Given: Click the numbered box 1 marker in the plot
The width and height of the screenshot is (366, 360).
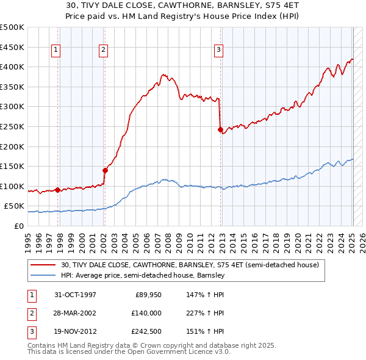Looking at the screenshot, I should (x=56, y=51).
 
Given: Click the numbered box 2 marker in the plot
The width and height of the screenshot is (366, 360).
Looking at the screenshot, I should (x=104, y=51).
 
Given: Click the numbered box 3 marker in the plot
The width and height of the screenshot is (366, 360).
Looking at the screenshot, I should (x=218, y=51).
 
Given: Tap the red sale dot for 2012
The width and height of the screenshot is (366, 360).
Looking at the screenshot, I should (x=220, y=129).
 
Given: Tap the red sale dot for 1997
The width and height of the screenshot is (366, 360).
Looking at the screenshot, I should (x=58, y=190).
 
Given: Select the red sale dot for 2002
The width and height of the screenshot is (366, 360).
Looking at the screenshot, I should (x=104, y=170).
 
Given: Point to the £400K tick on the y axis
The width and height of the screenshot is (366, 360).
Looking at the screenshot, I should (x=12, y=67).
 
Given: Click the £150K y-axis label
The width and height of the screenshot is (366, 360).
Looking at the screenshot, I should (x=12, y=166).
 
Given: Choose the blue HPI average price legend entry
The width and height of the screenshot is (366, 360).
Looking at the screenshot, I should (x=143, y=275).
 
